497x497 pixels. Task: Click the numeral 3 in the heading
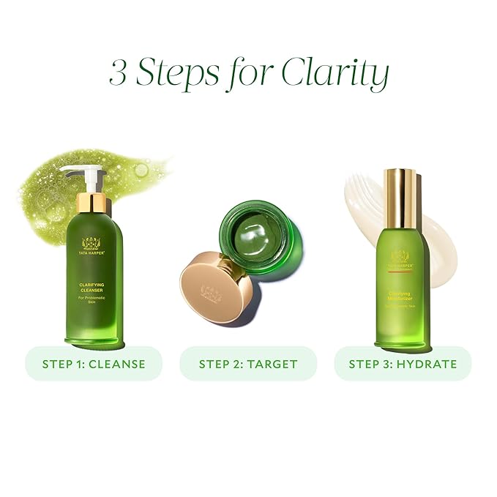(119, 74)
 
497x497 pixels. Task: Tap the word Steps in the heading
(176, 74)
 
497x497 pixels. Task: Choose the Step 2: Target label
(248, 363)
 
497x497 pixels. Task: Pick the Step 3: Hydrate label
(403, 363)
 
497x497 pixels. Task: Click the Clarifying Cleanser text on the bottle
(94, 291)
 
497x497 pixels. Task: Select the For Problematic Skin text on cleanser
(94, 311)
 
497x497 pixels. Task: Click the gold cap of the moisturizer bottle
(401, 198)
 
